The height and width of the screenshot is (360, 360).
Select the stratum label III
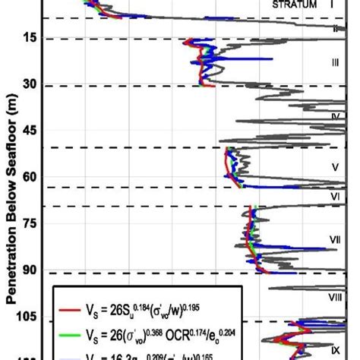pos(335,64)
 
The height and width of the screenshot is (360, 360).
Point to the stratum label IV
pos(335,116)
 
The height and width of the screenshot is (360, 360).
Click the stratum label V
pos(335,166)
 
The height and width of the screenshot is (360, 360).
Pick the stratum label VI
pos(335,197)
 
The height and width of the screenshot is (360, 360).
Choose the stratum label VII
pos(335,240)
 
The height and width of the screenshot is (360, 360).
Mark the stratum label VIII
pos(335,297)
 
